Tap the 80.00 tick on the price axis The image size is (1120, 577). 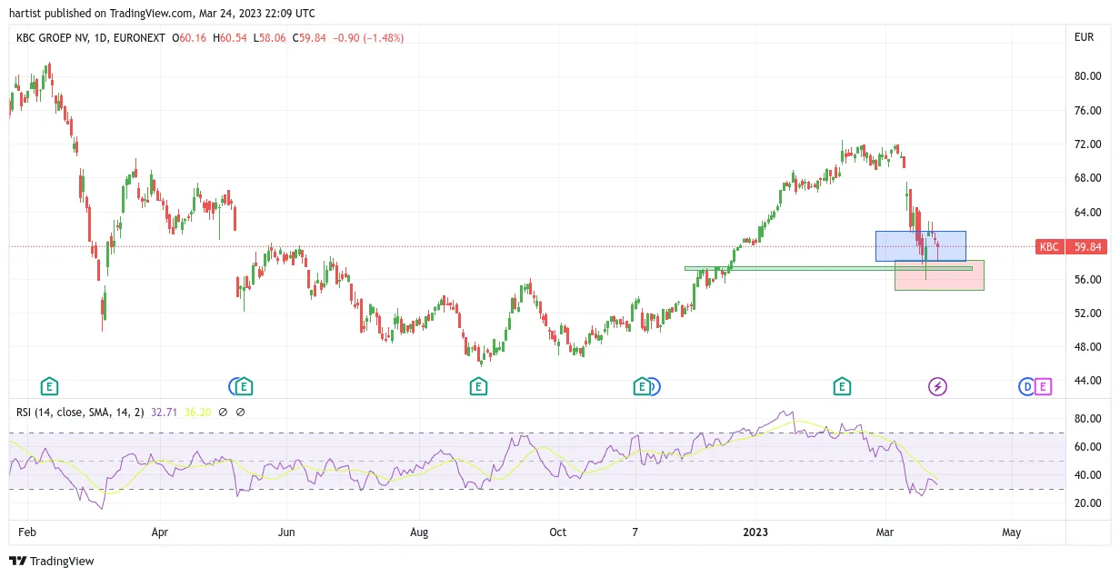pyautogui.click(x=1087, y=76)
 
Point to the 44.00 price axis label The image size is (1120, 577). pyautogui.click(x=1087, y=381)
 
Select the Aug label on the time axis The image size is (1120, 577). pyautogui.click(x=419, y=532)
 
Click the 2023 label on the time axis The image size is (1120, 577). pyautogui.click(x=755, y=532)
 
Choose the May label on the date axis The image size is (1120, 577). pyautogui.click(x=1011, y=532)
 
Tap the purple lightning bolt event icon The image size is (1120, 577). pyautogui.click(x=937, y=387)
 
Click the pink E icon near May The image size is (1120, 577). pyautogui.click(x=1043, y=387)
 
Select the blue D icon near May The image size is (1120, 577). pyautogui.click(x=1026, y=387)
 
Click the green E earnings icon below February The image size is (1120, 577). pyautogui.click(x=49, y=386)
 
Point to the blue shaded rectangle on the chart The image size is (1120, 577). pyautogui.click(x=921, y=246)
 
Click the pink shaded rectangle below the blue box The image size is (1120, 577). pyautogui.click(x=939, y=275)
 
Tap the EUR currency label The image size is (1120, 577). pyautogui.click(x=1084, y=37)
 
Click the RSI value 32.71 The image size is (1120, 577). pyautogui.click(x=164, y=413)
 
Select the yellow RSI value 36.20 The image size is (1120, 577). pyautogui.click(x=197, y=413)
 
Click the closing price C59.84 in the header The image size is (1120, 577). pyautogui.click(x=309, y=38)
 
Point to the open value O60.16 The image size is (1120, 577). pyautogui.click(x=189, y=38)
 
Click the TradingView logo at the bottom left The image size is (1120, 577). pyautogui.click(x=52, y=561)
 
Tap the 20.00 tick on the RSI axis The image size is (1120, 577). pyautogui.click(x=1087, y=503)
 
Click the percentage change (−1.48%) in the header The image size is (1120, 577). pyautogui.click(x=383, y=38)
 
